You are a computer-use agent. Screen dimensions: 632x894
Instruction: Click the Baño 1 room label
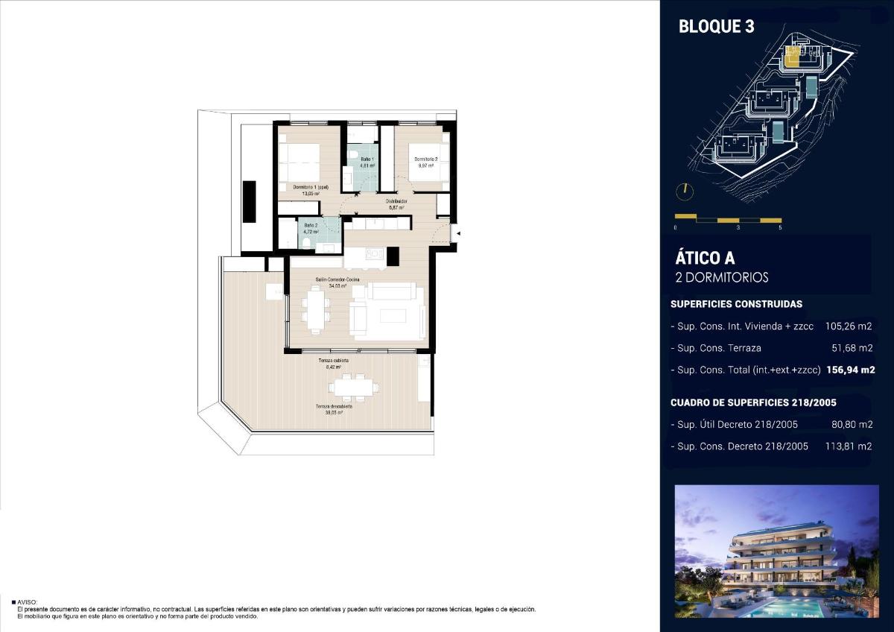[367, 159]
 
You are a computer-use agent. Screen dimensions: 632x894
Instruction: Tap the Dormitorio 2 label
[425, 159]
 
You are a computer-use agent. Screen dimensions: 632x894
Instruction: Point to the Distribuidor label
[396, 201]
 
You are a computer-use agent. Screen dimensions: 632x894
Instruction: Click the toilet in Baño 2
[305, 241]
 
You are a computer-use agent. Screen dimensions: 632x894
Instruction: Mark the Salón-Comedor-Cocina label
[337, 279]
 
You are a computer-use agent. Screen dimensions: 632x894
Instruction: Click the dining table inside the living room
[316, 308]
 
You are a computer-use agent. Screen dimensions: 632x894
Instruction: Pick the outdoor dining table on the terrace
[355, 388]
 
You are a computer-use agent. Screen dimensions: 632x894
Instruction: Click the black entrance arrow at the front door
[458, 234]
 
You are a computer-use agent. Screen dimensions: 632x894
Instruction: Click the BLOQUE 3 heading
[716, 27]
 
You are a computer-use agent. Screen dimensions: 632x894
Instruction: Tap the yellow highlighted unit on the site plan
[792, 57]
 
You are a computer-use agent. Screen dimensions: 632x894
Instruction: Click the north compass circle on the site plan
[684, 191]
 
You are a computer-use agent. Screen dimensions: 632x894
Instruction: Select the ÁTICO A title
[705, 259]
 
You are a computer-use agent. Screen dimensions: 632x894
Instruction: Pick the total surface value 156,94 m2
[850, 370]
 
